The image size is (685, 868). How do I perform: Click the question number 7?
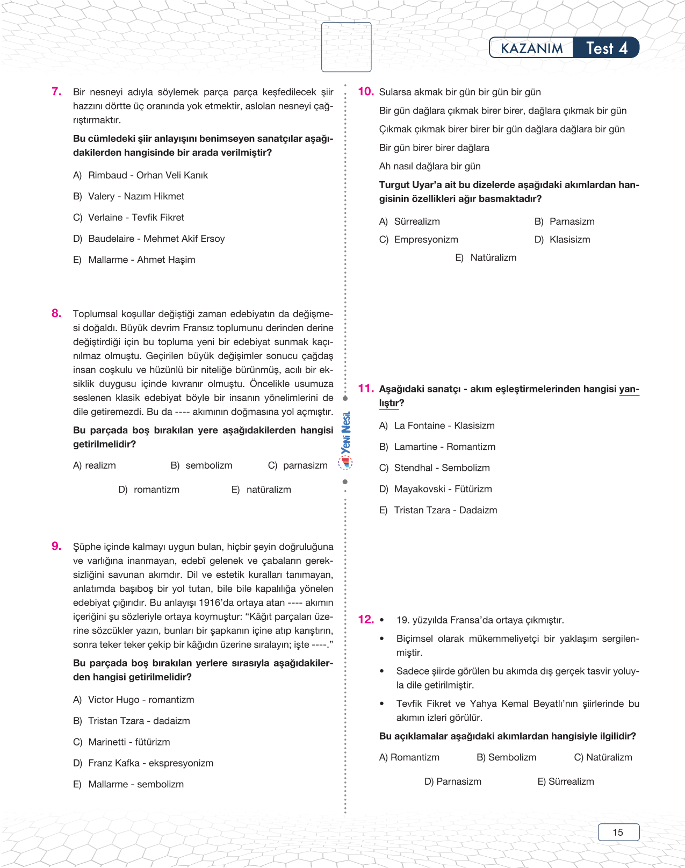click(x=56, y=91)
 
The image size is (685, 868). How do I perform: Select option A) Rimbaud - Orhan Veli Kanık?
click(x=140, y=175)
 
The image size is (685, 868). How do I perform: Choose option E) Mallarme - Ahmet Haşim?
click(x=134, y=260)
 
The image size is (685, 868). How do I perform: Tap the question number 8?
click(x=56, y=313)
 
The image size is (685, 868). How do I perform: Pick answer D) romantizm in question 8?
click(x=149, y=490)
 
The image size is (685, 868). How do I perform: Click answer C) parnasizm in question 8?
click(x=298, y=465)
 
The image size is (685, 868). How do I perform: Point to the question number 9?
click(x=56, y=546)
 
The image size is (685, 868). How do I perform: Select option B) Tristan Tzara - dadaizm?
click(x=132, y=721)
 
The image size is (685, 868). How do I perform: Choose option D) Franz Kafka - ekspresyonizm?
click(x=143, y=763)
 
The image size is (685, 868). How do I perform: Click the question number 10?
click(x=365, y=91)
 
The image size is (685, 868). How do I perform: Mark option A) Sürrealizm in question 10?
click(x=409, y=221)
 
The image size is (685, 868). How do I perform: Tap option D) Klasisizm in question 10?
click(x=562, y=240)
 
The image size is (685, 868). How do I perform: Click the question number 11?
click(x=365, y=388)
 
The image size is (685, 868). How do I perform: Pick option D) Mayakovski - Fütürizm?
click(x=435, y=489)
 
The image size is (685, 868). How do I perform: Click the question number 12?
click(x=365, y=619)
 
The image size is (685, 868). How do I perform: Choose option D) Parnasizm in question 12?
click(x=452, y=781)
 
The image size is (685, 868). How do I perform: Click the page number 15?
click(x=618, y=832)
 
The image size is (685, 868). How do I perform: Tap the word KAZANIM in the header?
click(x=531, y=48)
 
